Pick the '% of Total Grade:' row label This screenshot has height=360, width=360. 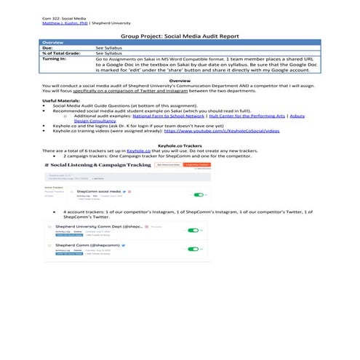61,53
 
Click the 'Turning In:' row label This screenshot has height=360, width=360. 55,59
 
